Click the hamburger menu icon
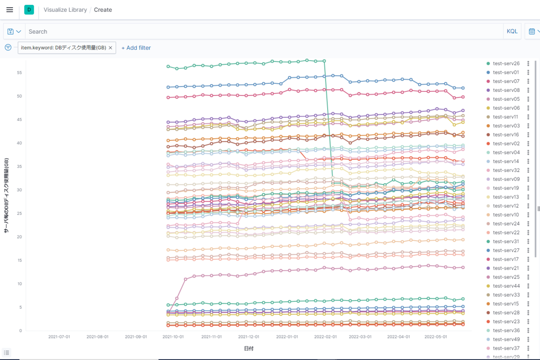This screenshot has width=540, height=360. [10, 9]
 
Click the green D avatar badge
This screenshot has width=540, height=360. [29, 9]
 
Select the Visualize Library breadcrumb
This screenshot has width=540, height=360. [65, 9]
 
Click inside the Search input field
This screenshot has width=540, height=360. [261, 31]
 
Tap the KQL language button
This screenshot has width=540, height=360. [512, 31]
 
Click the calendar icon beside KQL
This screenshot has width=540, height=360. [532, 31]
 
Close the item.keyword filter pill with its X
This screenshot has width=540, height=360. [110, 48]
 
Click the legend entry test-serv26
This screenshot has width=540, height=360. [506, 63]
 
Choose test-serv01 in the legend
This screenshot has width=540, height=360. [506, 72]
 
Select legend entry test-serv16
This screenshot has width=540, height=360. [506, 135]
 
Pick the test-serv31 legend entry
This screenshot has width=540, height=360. [506, 241]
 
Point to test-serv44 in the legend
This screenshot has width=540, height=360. [506, 286]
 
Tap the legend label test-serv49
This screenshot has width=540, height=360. [506, 339]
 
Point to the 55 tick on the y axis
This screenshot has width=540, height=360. [20, 73]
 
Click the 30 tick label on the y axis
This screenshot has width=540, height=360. [20, 190]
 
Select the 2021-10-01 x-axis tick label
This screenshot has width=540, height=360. [173, 337]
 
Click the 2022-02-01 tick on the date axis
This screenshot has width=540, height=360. [325, 337]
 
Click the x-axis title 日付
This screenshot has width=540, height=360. [249, 349]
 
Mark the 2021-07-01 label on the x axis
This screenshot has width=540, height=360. [59, 337]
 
